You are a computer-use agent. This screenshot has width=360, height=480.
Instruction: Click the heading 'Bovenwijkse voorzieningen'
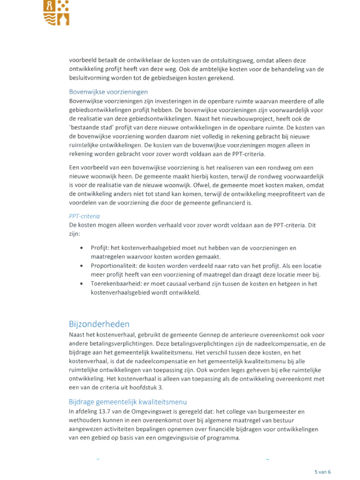pyautogui.click(x=108, y=92)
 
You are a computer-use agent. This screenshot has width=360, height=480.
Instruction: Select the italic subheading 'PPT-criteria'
pyautogui.click(x=85, y=215)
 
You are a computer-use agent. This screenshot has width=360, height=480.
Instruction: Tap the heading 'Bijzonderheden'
pyautogui.click(x=99, y=324)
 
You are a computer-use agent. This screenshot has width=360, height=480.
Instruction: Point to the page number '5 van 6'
pyautogui.click(x=323, y=472)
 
